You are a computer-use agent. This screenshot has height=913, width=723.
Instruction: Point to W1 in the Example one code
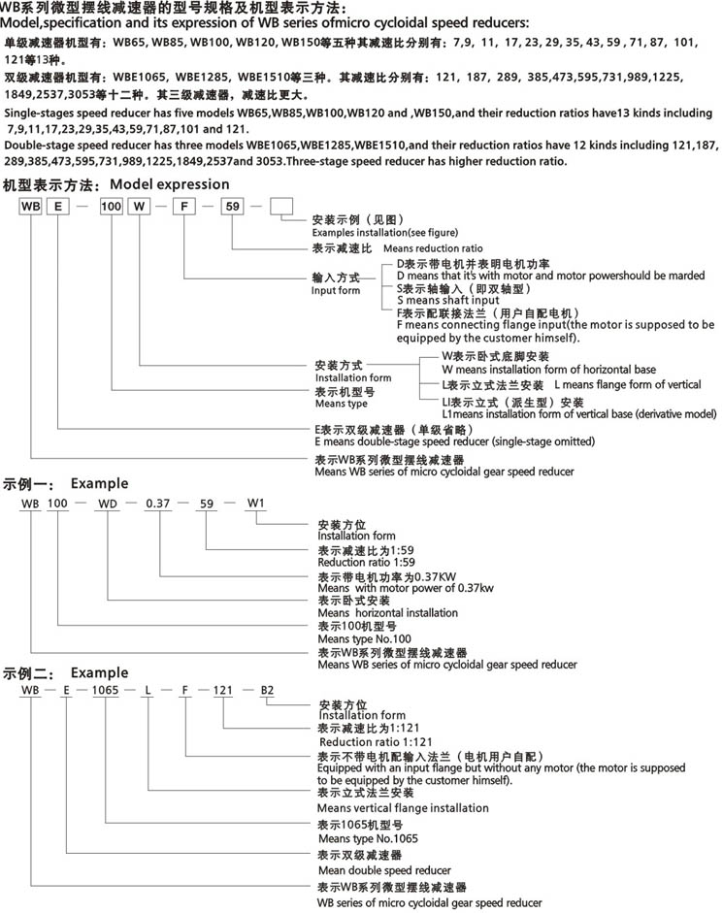[x=255, y=503]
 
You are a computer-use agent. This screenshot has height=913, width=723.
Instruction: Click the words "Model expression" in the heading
[x=169, y=183]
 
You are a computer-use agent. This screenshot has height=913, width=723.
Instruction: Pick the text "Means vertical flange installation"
[x=403, y=807]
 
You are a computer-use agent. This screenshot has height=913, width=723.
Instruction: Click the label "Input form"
[x=335, y=290]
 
